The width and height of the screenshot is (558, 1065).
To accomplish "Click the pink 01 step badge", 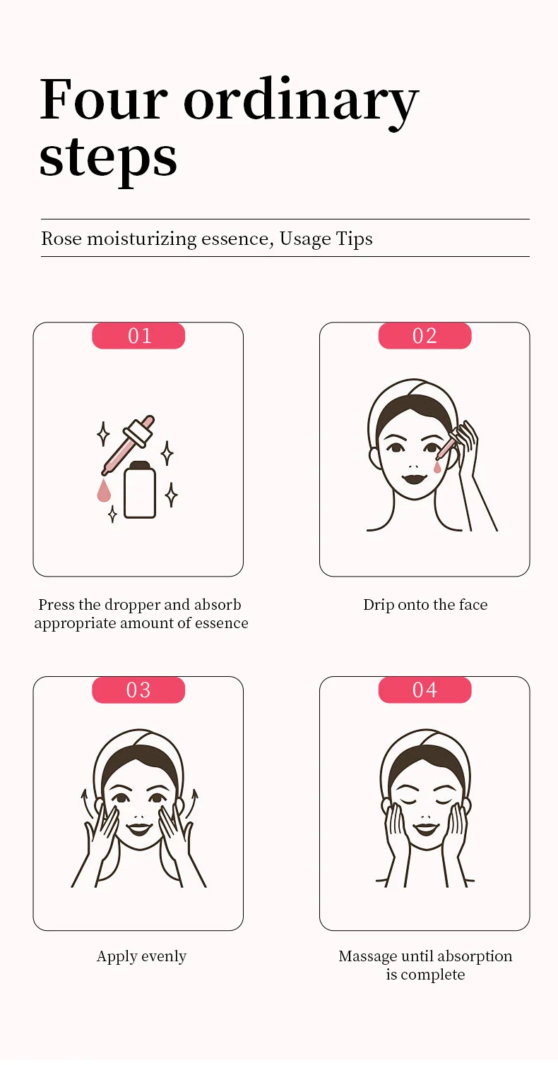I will point(138,336).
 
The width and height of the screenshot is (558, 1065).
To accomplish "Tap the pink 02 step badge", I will point(425,336).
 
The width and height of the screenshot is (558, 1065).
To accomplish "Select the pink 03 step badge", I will point(138,690).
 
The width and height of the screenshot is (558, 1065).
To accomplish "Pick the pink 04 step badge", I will point(425,690).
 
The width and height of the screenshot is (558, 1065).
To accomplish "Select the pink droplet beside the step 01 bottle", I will point(104,491).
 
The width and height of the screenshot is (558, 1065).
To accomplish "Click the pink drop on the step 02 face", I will point(437,467).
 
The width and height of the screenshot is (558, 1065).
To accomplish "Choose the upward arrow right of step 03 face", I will point(193,801).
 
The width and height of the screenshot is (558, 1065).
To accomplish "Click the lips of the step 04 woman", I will point(425,827).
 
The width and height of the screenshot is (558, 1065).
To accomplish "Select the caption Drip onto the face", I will point(425,605).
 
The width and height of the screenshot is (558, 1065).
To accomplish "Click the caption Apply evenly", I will point(141,956).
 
